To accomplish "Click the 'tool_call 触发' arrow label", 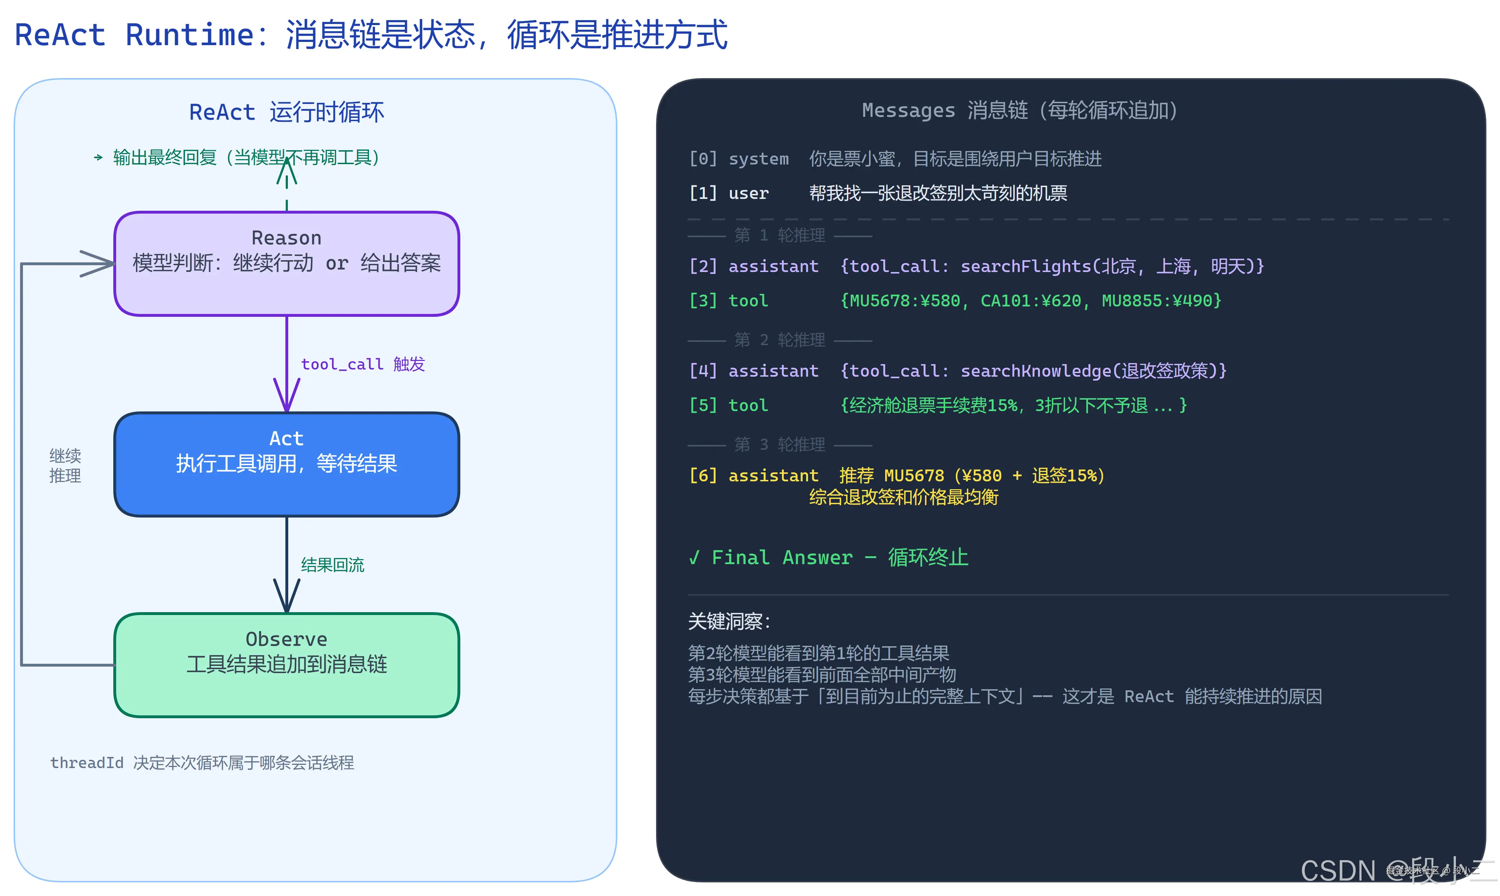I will [363, 364].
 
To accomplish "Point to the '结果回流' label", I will [333, 565].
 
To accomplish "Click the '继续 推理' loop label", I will [65, 466].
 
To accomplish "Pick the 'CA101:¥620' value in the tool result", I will [1031, 301].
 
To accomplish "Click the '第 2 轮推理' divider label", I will [780, 340].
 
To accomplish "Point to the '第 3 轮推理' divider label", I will [780, 445].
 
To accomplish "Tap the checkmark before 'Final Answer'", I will [694, 557].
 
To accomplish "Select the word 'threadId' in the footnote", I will [86, 763].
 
